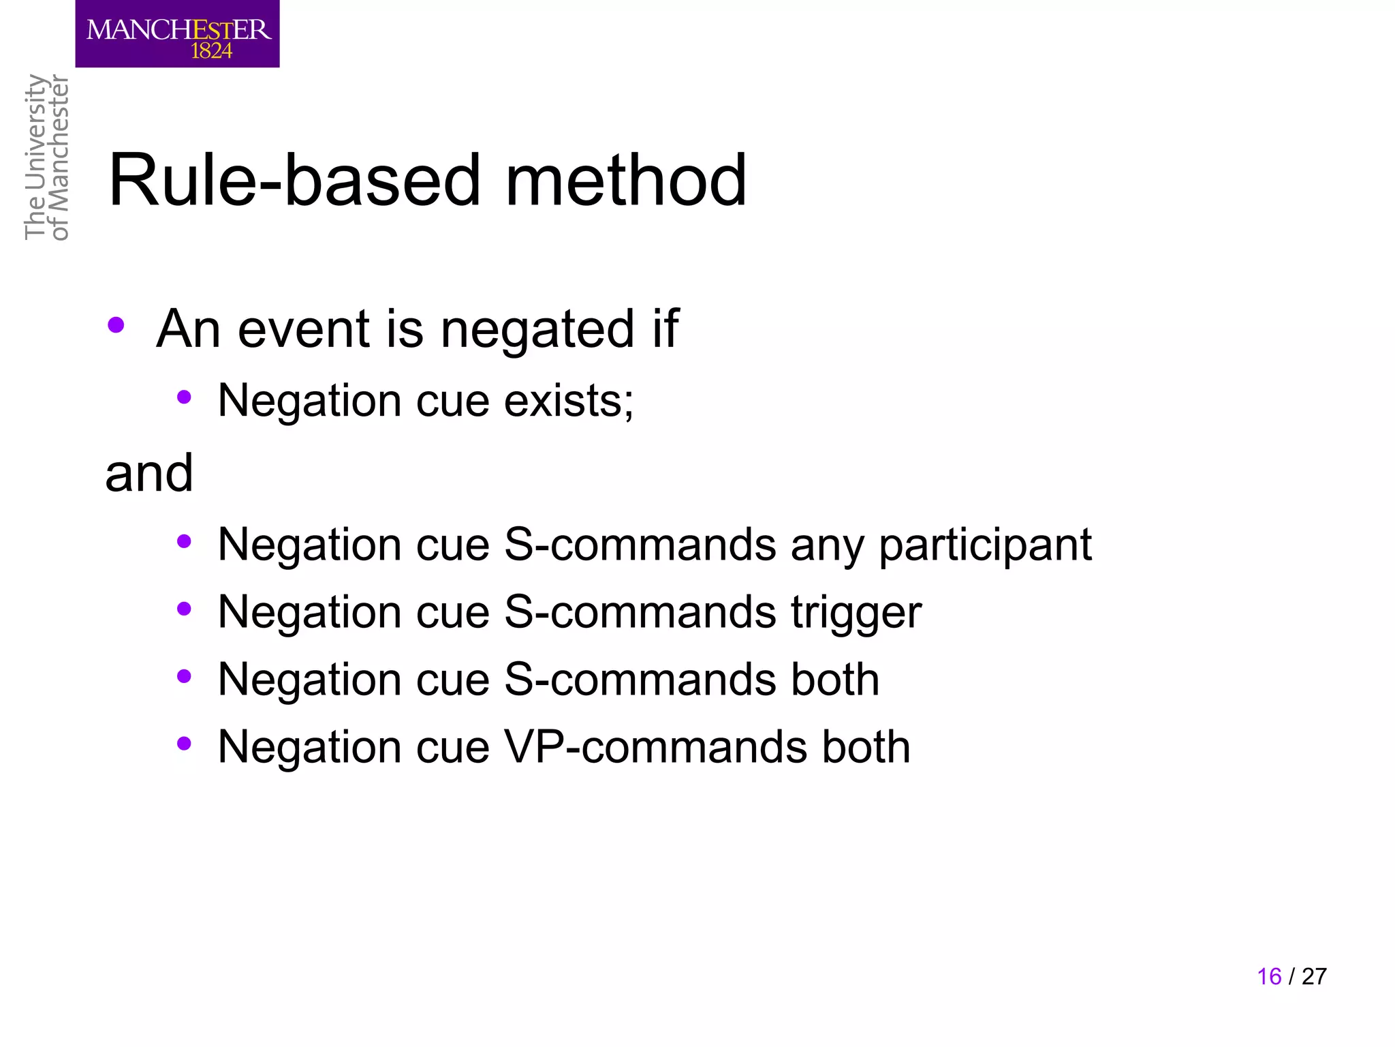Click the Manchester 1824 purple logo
click(x=177, y=33)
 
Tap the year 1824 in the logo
click(x=211, y=51)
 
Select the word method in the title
click(x=625, y=181)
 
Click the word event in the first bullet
click(x=303, y=329)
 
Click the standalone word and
click(x=149, y=473)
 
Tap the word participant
click(x=985, y=545)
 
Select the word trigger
click(x=856, y=612)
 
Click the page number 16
click(x=1269, y=977)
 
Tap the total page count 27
click(x=1314, y=977)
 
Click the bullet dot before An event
click(x=116, y=325)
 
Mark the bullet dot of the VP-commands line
click(x=183, y=744)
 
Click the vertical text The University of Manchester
click(x=46, y=157)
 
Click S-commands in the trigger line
click(x=640, y=612)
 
